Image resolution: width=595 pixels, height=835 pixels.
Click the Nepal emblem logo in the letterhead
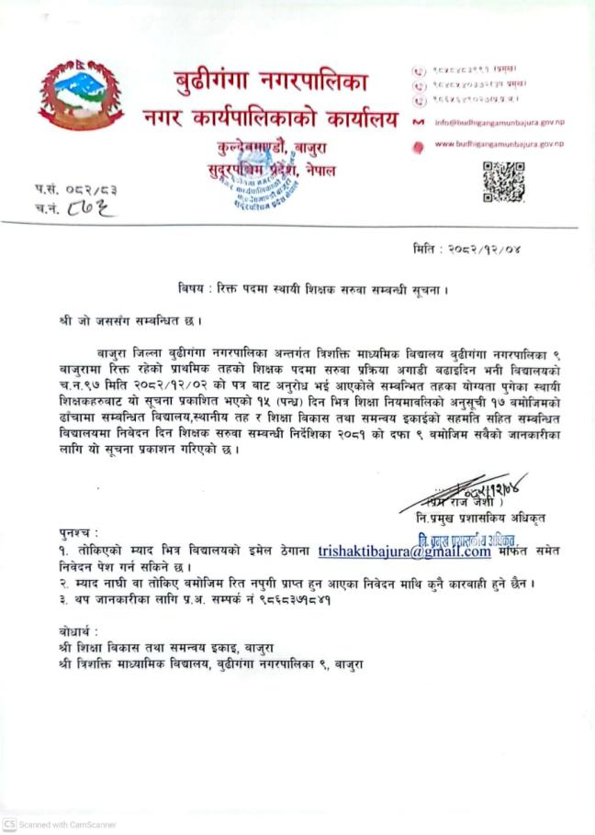click(82, 95)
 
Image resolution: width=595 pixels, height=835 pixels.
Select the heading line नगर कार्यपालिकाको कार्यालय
click(270, 117)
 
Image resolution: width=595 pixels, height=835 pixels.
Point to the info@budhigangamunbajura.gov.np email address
click(496, 122)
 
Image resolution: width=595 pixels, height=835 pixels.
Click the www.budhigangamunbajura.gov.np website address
click(499, 144)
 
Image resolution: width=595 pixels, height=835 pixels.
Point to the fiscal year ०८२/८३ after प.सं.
click(93, 189)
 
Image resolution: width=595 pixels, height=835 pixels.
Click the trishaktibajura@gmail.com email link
click(404, 551)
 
